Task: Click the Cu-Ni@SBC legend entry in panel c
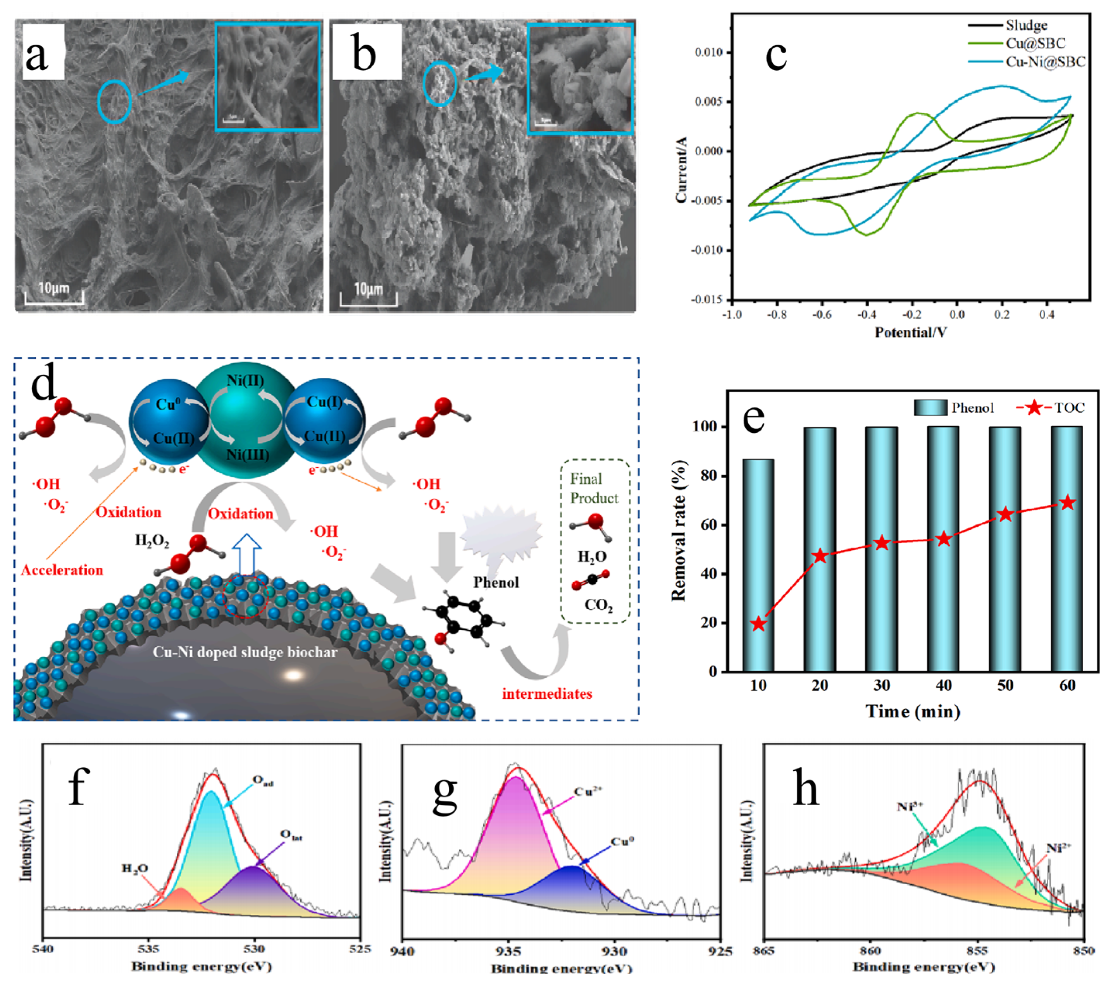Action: (1045, 62)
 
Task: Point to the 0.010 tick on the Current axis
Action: (708, 52)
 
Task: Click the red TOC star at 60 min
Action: (1068, 503)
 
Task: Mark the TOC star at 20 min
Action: (820, 556)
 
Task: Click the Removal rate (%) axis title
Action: (679, 531)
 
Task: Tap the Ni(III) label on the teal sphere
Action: (248, 454)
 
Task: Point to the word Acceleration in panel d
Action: (62, 570)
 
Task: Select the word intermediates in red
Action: (547, 694)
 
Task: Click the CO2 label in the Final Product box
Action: (598, 605)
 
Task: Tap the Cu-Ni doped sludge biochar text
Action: (245, 652)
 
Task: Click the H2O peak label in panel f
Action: (134, 868)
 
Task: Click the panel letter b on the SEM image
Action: (364, 55)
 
